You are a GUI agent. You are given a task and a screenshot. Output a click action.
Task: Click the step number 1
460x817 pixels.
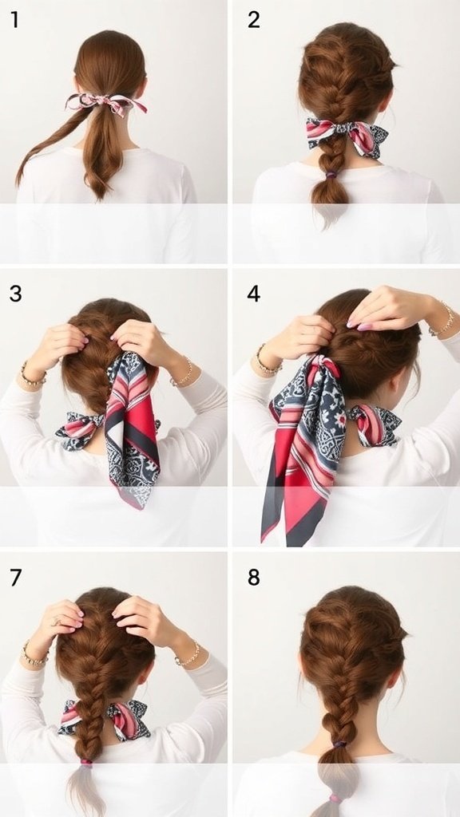(14, 19)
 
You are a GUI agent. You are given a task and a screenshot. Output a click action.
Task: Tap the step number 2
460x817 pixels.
(253, 19)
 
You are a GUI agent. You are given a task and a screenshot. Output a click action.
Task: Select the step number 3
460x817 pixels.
(15, 294)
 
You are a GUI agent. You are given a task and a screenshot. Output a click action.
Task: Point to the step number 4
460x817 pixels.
(253, 294)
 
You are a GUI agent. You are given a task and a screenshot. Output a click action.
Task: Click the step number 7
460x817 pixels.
(16, 577)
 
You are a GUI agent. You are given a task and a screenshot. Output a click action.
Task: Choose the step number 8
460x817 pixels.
(253, 577)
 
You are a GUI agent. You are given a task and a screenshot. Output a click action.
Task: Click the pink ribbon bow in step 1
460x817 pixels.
(106, 103)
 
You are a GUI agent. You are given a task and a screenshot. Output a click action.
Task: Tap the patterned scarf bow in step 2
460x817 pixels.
(347, 136)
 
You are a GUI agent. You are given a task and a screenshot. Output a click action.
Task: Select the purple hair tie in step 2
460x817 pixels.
(331, 176)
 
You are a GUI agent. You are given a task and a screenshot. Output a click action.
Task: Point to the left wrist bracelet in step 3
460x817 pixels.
(32, 377)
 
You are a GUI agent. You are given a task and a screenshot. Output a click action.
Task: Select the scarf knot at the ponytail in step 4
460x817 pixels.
(324, 365)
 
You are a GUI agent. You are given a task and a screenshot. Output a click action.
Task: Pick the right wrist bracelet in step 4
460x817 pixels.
(443, 319)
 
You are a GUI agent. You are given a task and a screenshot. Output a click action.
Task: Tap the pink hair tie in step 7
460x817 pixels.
(86, 764)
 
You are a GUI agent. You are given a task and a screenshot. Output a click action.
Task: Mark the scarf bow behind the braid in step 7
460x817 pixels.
(105, 718)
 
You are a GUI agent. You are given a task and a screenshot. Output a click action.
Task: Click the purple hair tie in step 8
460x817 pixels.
(339, 744)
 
